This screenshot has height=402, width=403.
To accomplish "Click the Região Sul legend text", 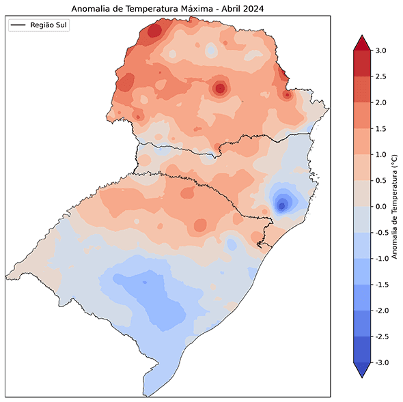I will [50, 25].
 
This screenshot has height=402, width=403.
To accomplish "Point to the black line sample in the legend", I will [19, 25].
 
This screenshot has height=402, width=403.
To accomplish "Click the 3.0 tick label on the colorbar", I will [381, 51].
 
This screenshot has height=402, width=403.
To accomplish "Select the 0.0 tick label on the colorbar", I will [381, 206].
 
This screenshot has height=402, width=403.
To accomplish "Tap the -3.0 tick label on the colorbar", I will [383, 362].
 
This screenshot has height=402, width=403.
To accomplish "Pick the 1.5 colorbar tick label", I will [381, 128].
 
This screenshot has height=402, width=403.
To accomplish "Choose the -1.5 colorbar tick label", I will [383, 285].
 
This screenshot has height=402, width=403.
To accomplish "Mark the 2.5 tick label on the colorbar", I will [381, 76].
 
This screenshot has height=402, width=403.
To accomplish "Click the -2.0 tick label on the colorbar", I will [383, 311].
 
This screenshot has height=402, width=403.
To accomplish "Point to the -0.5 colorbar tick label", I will [383, 232].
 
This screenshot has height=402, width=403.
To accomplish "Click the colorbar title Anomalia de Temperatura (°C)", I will [394, 207].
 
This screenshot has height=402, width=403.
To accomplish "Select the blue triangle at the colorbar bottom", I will [362, 370].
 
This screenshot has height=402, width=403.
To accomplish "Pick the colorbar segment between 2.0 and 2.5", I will [362, 89].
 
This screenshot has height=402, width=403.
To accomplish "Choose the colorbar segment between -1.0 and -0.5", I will [362, 245].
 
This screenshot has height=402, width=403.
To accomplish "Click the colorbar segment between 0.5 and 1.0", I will [362, 167].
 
